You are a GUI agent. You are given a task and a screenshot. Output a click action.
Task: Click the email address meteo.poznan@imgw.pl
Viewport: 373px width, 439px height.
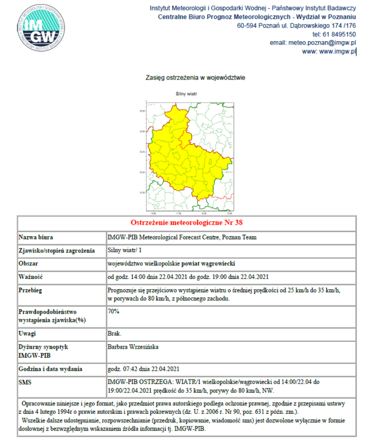pyautogui.click(x=313, y=43)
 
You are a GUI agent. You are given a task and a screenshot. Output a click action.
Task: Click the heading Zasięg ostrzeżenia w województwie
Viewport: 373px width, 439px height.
pyautogui.click(x=187, y=77)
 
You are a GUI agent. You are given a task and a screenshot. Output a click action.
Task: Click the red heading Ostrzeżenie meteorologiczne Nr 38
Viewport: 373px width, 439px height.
pyautogui.click(x=187, y=222)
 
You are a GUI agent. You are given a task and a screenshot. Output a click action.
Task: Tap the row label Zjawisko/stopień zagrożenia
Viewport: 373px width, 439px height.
pyautogui.click(x=56, y=250)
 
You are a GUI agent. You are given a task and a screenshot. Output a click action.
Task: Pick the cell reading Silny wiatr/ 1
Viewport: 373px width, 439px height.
pyautogui.click(x=126, y=250)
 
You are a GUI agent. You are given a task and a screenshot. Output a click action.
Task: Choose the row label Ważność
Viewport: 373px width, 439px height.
pyautogui.click(x=31, y=277)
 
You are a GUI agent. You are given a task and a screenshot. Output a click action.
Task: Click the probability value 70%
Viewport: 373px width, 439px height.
pyautogui.click(x=113, y=312)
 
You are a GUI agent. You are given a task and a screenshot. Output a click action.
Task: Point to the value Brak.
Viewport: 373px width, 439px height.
pyautogui.click(x=114, y=332)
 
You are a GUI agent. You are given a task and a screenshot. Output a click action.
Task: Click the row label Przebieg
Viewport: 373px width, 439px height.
pyautogui.click(x=32, y=290)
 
